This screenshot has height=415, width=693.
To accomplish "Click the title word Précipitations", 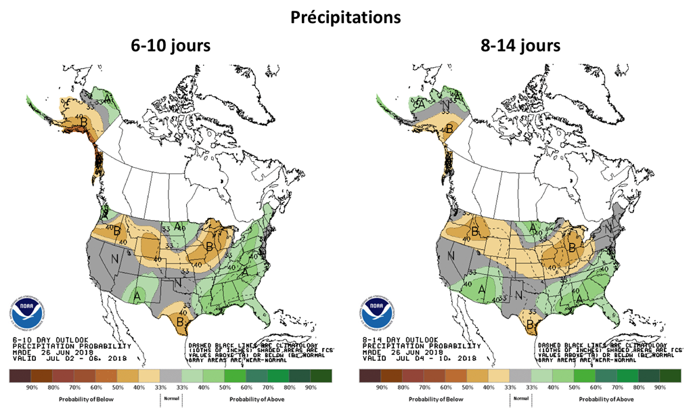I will click(346, 18).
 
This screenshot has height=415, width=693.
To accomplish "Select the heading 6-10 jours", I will click(171, 47).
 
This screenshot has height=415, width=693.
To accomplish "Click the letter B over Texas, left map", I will click(181, 322).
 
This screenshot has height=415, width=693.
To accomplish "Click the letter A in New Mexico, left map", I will click(137, 295).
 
